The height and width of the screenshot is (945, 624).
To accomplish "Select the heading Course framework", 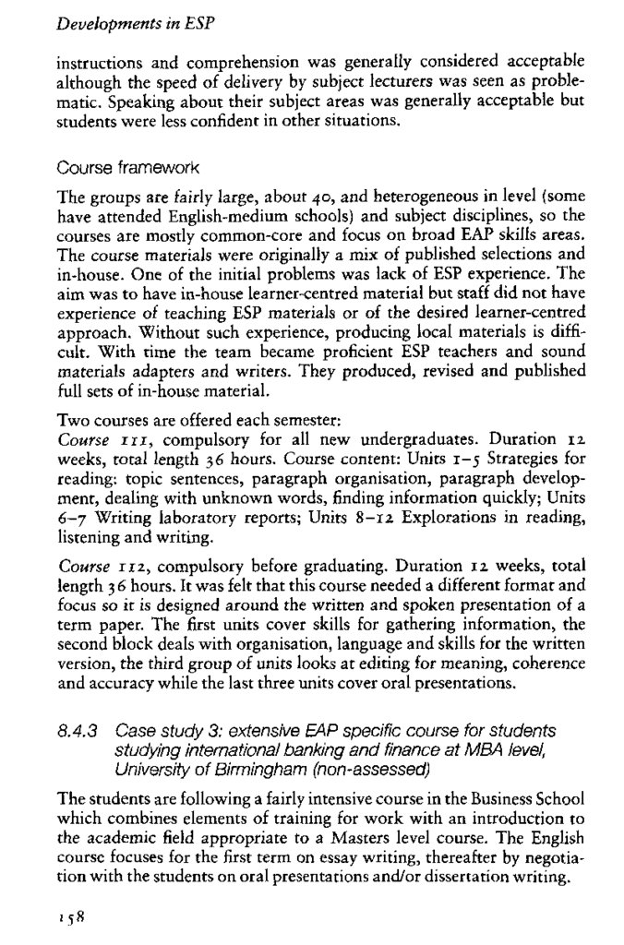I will pyautogui.click(x=119, y=169).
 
